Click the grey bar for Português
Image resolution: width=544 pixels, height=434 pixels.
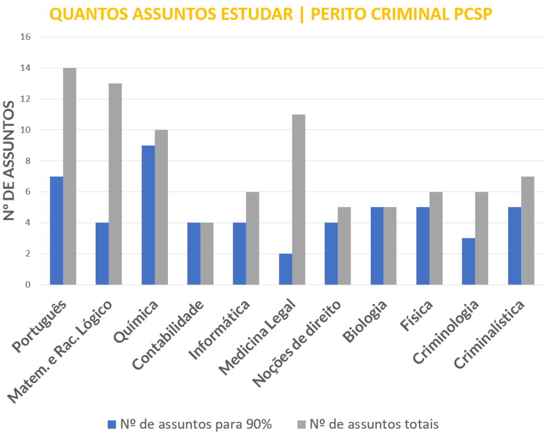tap(70, 176)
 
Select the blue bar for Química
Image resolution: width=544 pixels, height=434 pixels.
tap(148, 215)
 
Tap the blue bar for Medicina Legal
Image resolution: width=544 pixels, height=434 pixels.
tap(285, 269)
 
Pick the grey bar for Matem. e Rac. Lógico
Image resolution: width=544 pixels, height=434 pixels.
tap(115, 184)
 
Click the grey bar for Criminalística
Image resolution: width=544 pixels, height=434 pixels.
tap(528, 230)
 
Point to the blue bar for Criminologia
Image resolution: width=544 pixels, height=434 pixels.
tap(469, 261)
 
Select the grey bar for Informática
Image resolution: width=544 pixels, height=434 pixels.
tap(253, 238)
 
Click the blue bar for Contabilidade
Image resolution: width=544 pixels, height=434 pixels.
tap(194, 254)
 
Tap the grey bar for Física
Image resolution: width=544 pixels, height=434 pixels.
tap(436, 238)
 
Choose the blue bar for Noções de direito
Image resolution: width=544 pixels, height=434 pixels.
tap(331, 254)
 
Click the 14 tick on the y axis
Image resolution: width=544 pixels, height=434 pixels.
tap(25, 68)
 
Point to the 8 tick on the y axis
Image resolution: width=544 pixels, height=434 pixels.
tap(28, 161)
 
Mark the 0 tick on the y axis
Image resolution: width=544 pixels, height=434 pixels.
tap(28, 285)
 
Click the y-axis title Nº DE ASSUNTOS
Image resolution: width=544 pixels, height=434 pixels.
tap(10, 160)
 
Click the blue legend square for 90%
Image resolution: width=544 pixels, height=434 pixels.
tap(111, 424)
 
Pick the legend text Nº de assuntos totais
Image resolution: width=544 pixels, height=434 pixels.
tap(374, 424)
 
